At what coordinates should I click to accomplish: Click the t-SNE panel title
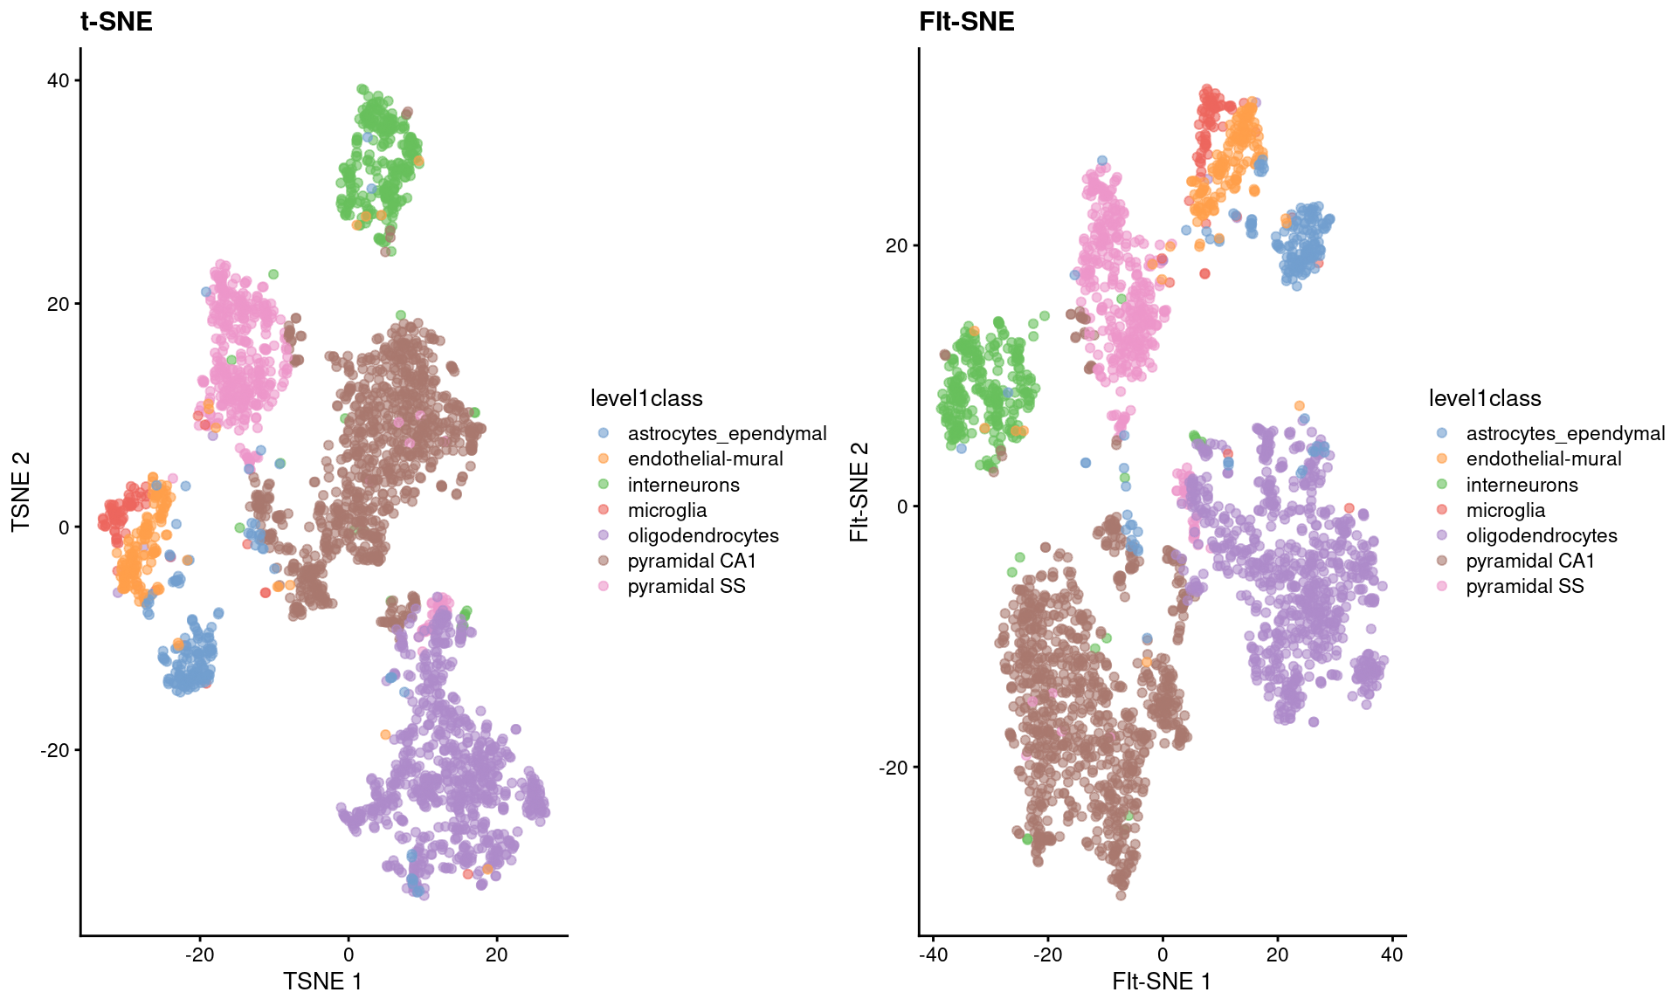pos(116,21)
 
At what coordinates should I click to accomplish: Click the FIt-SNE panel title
pos(966,21)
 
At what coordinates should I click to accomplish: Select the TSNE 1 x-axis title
pos(322,982)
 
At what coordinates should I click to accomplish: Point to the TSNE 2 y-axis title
pos(21,492)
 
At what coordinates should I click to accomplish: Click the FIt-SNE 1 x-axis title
pos(1161,982)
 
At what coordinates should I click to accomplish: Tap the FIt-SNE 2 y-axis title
pos(859,492)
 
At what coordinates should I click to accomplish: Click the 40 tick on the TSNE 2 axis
pos(58,80)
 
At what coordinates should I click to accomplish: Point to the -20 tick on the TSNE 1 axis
pos(199,954)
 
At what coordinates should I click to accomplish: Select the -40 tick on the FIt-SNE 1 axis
pos(933,954)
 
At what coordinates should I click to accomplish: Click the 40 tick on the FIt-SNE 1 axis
pos(1392,954)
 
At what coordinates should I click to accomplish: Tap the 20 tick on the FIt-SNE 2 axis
pos(896,245)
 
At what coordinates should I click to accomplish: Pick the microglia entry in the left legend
pos(666,510)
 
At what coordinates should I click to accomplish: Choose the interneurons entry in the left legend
pos(683,485)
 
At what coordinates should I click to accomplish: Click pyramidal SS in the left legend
pos(686,586)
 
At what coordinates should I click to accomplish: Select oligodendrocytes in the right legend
pos(1541,535)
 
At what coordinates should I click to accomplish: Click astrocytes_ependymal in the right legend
pos(1564,433)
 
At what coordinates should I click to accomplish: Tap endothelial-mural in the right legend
pos(1543,458)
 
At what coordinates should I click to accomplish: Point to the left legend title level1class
pos(646,398)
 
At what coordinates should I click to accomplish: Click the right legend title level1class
pos(1485,398)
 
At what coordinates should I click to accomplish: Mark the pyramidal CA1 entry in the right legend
pos(1530,561)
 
